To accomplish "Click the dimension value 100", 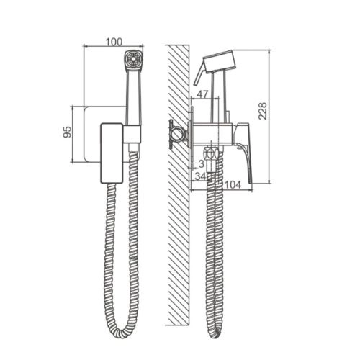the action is point(114,42).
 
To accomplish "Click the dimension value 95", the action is point(68,132).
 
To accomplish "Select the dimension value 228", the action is point(263,111).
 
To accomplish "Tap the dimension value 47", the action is point(202,94).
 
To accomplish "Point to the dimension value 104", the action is point(233,184).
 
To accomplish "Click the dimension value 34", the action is point(200,176).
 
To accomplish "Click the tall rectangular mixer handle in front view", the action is point(112,153).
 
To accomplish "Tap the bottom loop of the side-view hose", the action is point(215,333).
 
